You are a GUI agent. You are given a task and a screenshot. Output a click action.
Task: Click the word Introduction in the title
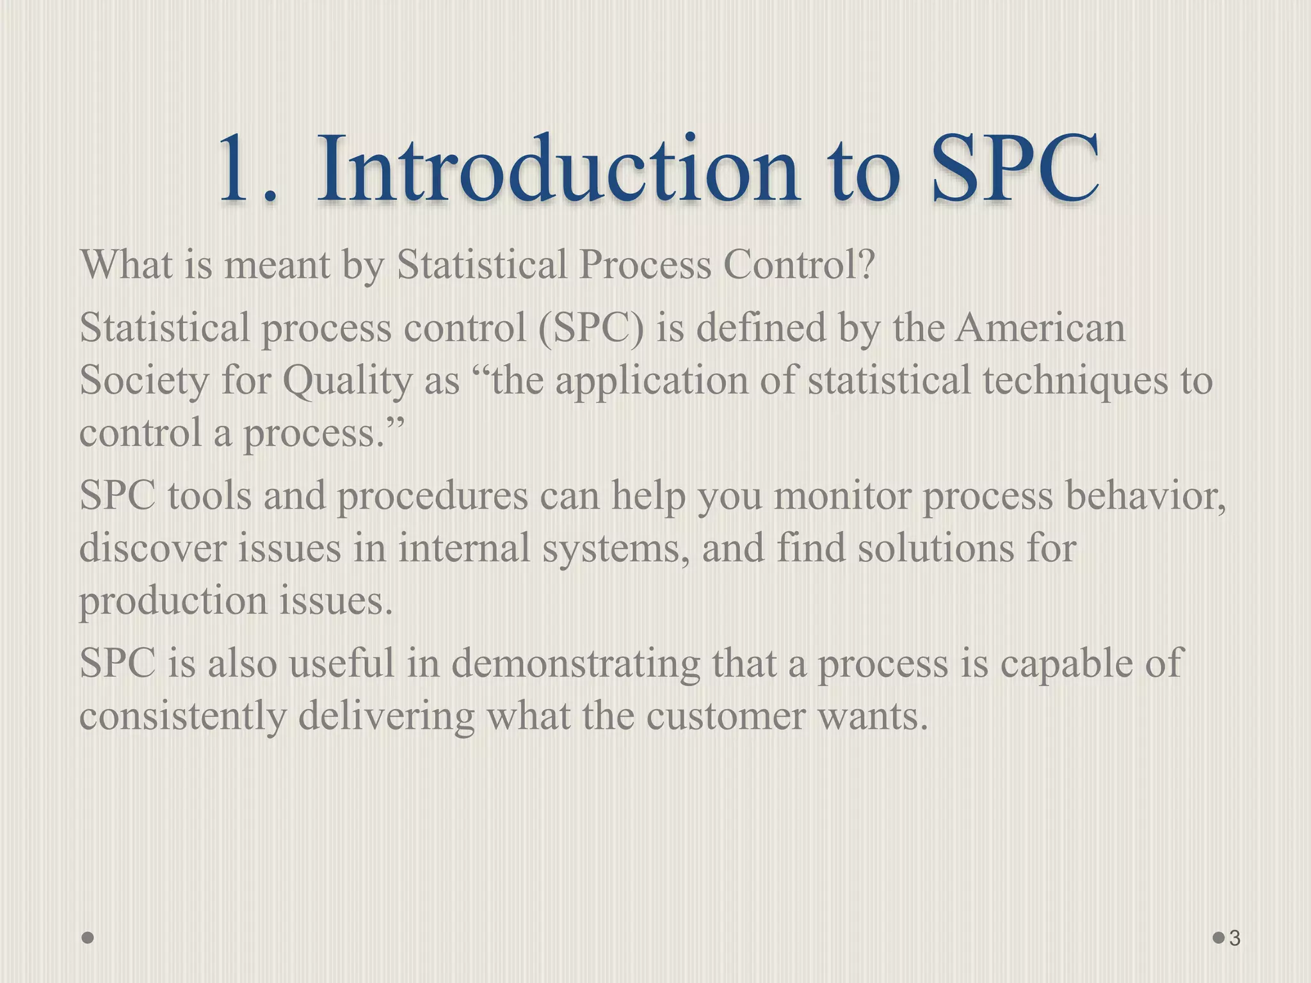pyautogui.click(x=557, y=170)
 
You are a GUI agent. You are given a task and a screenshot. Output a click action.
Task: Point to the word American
pyautogui.click(x=1040, y=328)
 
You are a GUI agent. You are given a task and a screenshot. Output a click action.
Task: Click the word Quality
pyautogui.click(x=348, y=381)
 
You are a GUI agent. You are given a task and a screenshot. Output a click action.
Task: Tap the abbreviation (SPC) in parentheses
pyautogui.click(x=591, y=329)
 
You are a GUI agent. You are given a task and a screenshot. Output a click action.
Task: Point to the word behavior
pyautogui.click(x=1145, y=496)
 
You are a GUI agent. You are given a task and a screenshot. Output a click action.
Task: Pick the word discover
pyautogui.click(x=153, y=548)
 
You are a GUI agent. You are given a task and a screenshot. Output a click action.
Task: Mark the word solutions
pyautogui.click(x=935, y=548)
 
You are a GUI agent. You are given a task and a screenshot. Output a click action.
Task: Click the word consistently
pyautogui.click(x=183, y=717)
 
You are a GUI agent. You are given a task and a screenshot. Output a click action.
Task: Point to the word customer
pyautogui.click(x=725, y=717)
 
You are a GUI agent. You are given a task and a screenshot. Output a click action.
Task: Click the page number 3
pyautogui.click(x=1235, y=938)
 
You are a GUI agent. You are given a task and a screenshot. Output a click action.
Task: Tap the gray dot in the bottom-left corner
pyautogui.click(x=88, y=938)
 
